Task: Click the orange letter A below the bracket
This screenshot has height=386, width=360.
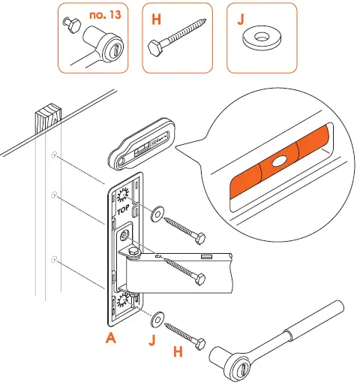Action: pyautogui.click(x=111, y=339)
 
